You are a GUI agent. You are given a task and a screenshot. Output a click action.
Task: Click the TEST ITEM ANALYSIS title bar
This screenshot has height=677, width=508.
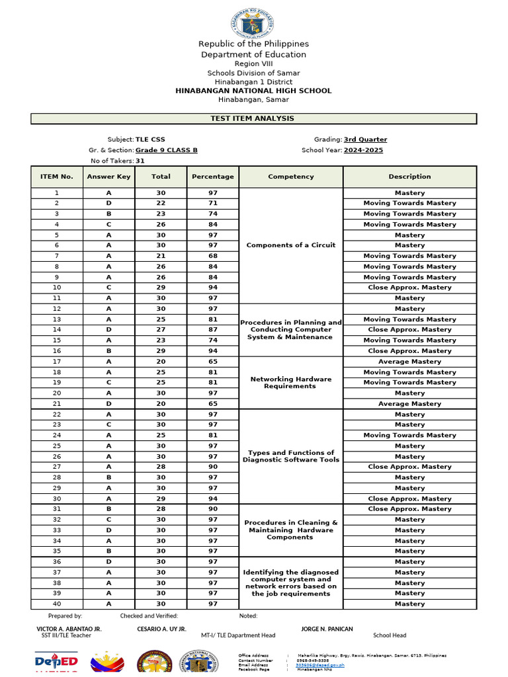click(253, 118)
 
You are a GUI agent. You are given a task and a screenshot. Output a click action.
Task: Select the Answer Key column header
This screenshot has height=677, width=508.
click(108, 177)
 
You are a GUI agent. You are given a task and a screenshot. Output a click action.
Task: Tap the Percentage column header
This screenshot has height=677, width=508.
click(212, 177)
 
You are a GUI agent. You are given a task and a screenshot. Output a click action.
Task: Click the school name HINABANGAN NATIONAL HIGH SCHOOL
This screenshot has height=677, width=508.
click(253, 91)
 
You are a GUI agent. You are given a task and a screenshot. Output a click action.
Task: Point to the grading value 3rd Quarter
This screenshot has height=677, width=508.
click(365, 139)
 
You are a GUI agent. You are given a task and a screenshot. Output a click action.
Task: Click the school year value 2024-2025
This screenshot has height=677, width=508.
click(363, 150)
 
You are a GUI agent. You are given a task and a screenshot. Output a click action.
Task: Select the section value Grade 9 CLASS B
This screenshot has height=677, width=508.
click(166, 150)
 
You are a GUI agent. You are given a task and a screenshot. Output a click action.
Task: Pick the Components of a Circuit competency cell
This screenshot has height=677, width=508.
click(290, 245)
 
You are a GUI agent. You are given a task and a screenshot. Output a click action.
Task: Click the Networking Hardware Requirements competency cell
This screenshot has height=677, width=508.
click(290, 383)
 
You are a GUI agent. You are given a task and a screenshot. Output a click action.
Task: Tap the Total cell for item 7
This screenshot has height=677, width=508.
click(160, 256)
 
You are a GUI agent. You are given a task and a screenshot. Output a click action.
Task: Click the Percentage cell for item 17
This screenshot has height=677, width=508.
click(212, 362)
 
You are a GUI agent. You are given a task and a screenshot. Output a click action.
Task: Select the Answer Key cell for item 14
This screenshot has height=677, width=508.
click(108, 329)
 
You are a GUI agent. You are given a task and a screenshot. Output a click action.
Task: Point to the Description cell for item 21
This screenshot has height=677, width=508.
click(409, 403)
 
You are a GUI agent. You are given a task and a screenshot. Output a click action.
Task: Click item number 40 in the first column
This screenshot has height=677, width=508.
click(56, 604)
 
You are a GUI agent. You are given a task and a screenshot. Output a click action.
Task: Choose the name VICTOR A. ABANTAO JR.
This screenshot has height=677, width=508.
click(69, 629)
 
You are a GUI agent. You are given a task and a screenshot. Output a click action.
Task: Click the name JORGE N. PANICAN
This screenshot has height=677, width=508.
click(327, 629)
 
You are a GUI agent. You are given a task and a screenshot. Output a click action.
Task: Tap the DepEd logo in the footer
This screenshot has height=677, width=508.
click(56, 662)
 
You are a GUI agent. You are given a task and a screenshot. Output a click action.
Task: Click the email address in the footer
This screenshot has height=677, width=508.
click(321, 665)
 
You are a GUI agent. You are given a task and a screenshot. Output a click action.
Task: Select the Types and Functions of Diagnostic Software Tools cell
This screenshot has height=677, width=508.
click(290, 456)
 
